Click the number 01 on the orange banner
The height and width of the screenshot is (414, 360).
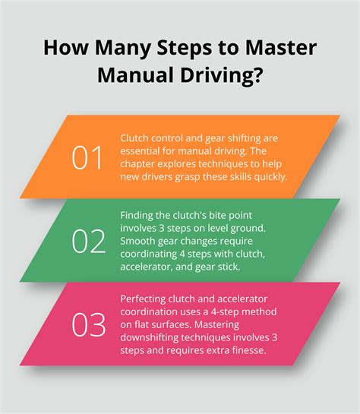coord(87,158)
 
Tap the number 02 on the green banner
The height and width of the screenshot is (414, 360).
coord(89,242)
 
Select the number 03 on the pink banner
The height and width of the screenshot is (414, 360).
coord(89,325)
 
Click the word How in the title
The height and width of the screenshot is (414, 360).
coord(66,48)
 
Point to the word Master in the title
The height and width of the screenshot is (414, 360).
coord(280,48)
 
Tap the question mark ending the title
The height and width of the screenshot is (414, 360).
coord(256,75)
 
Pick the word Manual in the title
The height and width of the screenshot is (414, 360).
coord(136,75)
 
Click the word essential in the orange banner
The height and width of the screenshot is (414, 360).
coord(140,151)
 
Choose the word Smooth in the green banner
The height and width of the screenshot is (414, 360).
coord(137,241)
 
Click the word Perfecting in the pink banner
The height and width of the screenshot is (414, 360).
coord(143,299)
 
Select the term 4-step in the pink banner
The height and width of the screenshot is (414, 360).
coord(225,312)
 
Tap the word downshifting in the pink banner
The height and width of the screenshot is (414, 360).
coord(149,338)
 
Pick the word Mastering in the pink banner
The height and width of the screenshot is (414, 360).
coord(216,325)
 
